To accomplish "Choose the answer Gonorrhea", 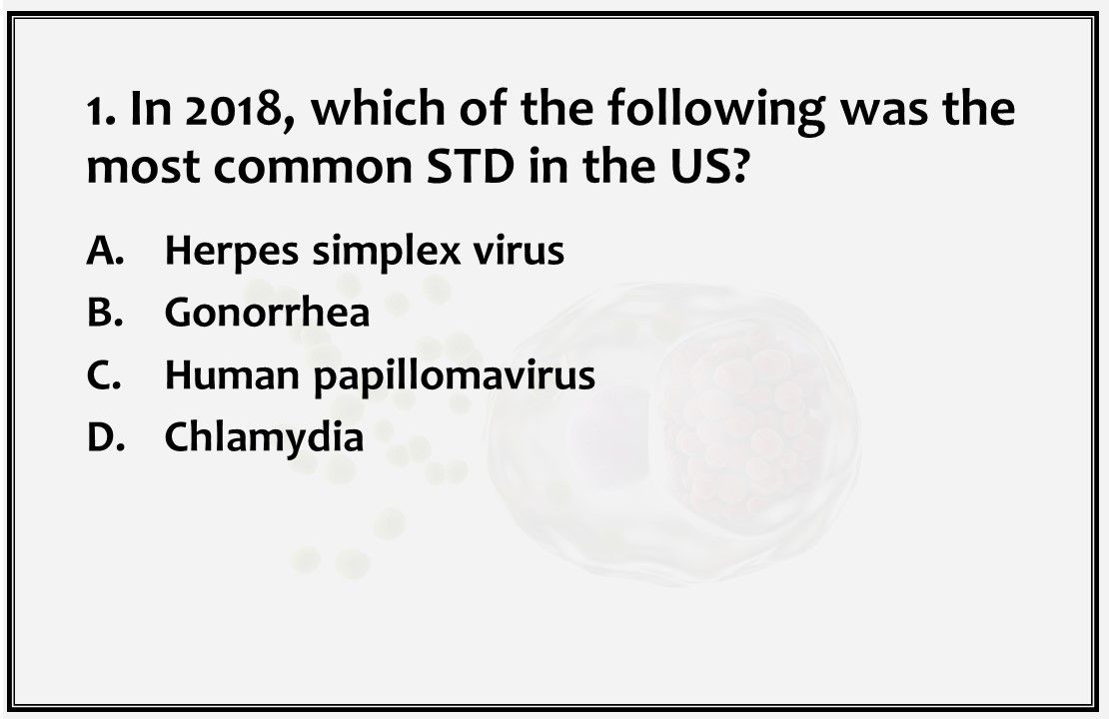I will (x=267, y=313).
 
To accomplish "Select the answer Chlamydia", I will (x=264, y=436).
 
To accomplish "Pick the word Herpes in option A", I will (x=232, y=251).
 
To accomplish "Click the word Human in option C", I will (x=233, y=374).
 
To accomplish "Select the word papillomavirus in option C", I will (x=455, y=376).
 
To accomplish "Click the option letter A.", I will (x=103, y=251).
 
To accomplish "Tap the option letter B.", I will (x=103, y=313).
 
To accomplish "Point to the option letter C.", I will (x=103, y=374).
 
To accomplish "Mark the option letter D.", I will (x=103, y=436).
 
